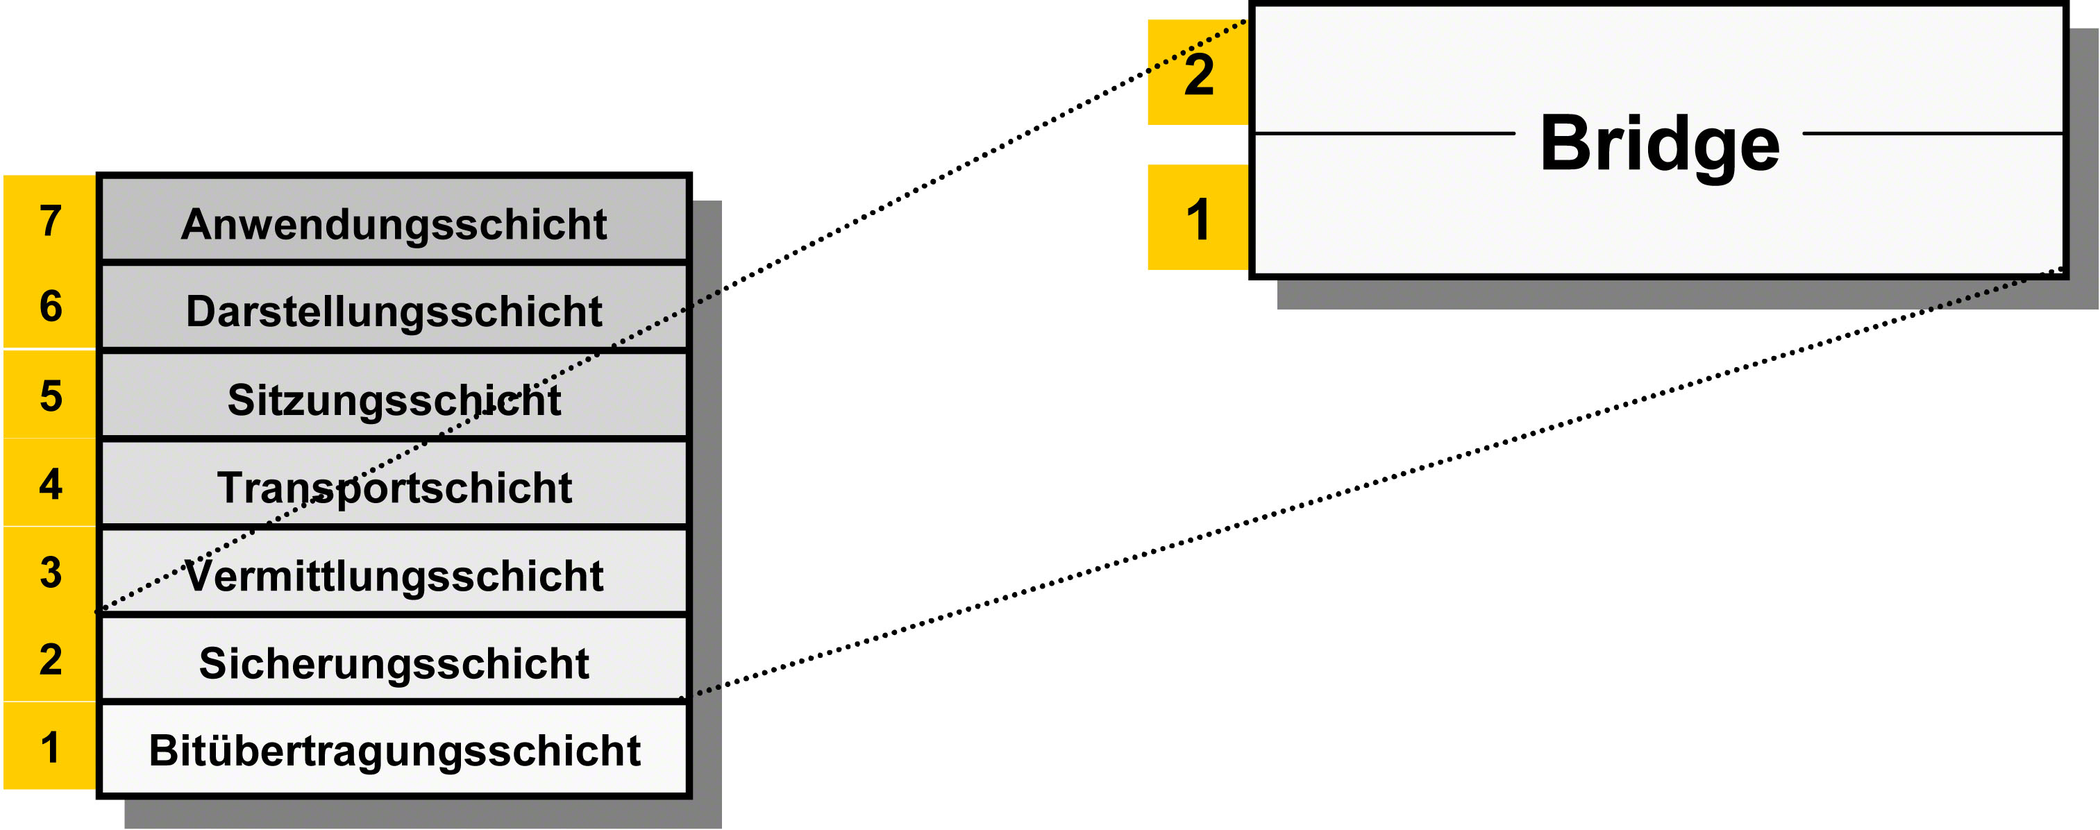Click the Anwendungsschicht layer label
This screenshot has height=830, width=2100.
tap(394, 225)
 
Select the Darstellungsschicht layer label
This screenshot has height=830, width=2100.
tap(394, 312)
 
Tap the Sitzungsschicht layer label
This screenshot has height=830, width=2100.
tap(394, 400)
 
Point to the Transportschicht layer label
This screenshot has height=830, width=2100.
tap(394, 489)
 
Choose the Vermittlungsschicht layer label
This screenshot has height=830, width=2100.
tap(394, 575)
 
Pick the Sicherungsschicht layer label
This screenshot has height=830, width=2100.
tap(394, 663)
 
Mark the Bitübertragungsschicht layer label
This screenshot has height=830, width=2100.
tap(394, 751)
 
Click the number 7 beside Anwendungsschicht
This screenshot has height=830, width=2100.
tap(51, 221)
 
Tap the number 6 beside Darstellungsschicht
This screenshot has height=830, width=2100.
tap(51, 307)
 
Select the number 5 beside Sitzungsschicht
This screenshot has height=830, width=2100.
tap(51, 396)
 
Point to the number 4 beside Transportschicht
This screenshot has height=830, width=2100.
tap(51, 484)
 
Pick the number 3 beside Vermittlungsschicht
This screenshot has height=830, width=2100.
tap(51, 573)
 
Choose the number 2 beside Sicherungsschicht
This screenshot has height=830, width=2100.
tap(51, 659)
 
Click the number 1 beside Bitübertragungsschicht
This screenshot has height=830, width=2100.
tap(51, 747)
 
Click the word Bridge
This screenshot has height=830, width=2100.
tap(1660, 145)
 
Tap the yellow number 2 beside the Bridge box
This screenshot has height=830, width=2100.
tap(1198, 75)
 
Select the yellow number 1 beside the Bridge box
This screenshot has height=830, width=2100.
tap(1198, 220)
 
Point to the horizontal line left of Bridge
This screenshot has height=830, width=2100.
tap(1384, 133)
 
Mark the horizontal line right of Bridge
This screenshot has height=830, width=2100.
tap(1933, 133)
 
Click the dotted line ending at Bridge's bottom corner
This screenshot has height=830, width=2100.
tap(1372, 483)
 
